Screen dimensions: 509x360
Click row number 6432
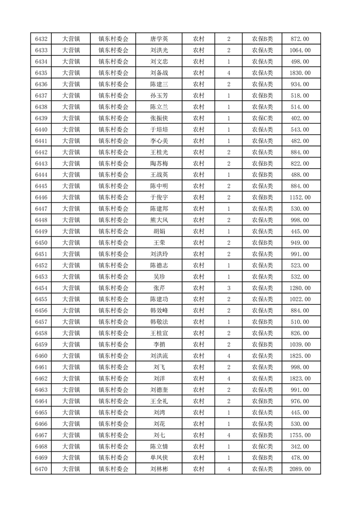click(41, 39)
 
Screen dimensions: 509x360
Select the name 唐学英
click(159, 39)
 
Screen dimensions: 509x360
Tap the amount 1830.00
click(300, 73)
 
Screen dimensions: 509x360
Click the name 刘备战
click(159, 73)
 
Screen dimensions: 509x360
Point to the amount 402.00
click(300, 118)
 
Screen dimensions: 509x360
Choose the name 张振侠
click(159, 118)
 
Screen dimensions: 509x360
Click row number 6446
click(41, 197)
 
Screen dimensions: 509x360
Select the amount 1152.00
click(300, 197)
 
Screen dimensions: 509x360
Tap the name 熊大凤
click(159, 220)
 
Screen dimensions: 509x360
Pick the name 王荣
click(159, 243)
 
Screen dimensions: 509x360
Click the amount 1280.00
click(300, 288)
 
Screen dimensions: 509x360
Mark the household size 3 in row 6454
click(228, 288)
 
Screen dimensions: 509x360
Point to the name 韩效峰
click(159, 311)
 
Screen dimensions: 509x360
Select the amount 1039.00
click(300, 345)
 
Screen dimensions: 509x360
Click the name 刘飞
click(159, 367)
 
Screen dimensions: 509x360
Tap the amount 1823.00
click(300, 378)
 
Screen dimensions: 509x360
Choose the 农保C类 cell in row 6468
click(262, 446)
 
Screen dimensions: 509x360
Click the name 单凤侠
click(159, 458)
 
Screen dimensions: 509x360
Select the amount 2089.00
click(300, 469)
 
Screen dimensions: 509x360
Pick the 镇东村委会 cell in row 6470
click(113, 469)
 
